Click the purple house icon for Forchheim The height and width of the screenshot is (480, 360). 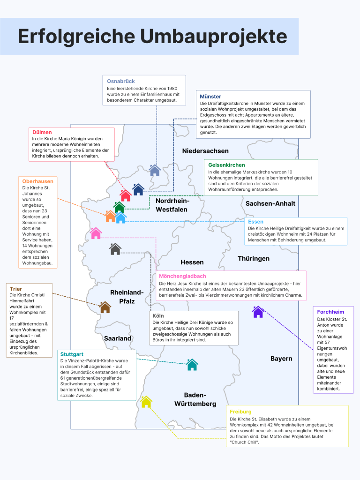(x=258, y=312)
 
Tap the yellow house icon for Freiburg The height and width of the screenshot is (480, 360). (x=146, y=402)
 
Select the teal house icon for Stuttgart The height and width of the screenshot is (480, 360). (x=192, y=364)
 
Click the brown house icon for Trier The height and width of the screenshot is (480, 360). (x=105, y=307)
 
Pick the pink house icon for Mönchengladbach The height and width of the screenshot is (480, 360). (x=96, y=233)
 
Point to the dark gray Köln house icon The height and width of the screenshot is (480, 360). (x=115, y=249)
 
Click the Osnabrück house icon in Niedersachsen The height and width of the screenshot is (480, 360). (x=155, y=170)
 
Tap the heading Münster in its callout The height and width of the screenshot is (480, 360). (x=210, y=97)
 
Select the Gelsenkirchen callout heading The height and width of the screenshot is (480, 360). (x=226, y=165)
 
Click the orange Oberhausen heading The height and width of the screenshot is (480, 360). (x=37, y=181)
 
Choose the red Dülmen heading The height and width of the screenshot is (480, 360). (x=42, y=132)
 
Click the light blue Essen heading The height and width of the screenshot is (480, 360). (x=255, y=221)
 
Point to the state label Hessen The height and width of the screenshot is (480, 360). (x=192, y=262)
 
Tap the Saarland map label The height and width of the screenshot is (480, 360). (x=118, y=338)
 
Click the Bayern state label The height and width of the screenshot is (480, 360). (x=281, y=359)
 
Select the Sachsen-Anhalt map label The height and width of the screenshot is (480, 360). (x=270, y=203)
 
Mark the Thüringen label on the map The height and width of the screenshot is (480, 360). (x=254, y=258)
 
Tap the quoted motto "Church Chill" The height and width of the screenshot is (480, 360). (x=244, y=442)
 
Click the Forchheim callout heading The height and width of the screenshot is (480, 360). (x=330, y=312)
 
